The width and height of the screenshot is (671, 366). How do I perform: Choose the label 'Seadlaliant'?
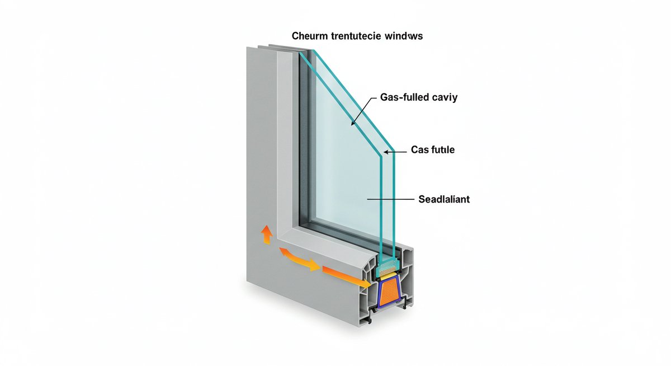coord(444,199)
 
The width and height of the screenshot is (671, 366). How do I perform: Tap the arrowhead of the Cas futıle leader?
coord(386,151)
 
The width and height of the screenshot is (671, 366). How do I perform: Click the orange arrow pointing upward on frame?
coord(267,234)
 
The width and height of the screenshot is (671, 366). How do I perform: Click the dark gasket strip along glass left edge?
coord(303,140)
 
